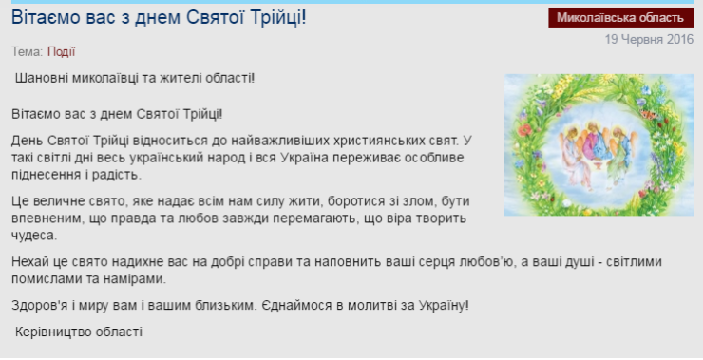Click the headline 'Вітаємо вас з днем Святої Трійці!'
point(159,18)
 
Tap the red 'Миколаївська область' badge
point(620,18)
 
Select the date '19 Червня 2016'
point(649,39)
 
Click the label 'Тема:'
point(28,51)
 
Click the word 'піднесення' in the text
point(46,175)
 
